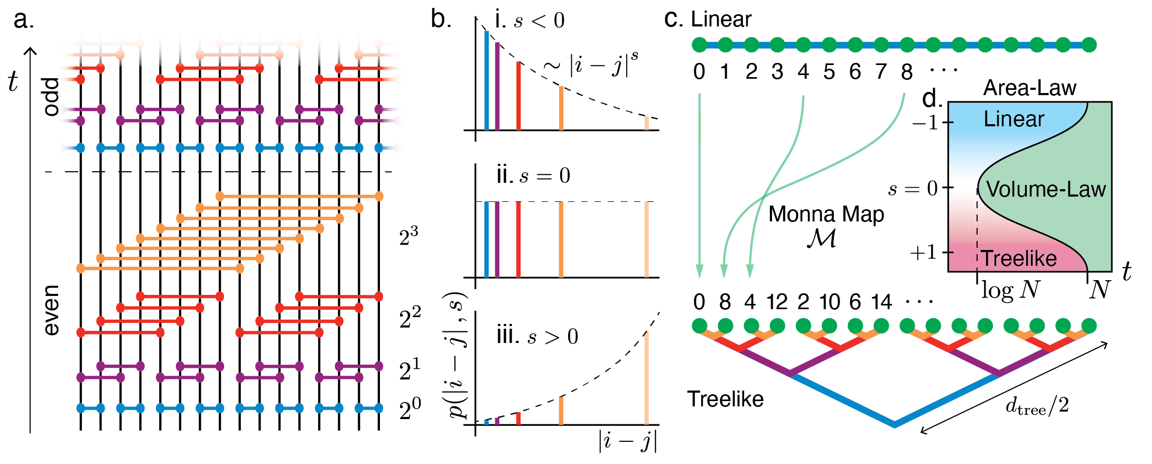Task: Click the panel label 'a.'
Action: coord(24,20)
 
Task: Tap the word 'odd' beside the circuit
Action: coord(52,97)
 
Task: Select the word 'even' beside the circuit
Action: coord(52,310)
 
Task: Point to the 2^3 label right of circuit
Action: coord(408,236)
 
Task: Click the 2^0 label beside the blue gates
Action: coord(410,409)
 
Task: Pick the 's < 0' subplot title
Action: coord(529,20)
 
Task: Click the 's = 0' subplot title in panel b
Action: coord(533,175)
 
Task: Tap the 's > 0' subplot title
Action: coord(537,336)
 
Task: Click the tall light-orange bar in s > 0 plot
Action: coord(646,378)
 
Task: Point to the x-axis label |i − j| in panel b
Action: coord(628,441)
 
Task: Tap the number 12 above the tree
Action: coord(777,302)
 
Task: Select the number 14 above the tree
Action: coord(881,302)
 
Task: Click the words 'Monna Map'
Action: coord(826,214)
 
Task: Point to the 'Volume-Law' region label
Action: coord(1046,189)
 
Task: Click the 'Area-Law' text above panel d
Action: coord(1029,88)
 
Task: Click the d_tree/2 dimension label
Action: coord(1037,406)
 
